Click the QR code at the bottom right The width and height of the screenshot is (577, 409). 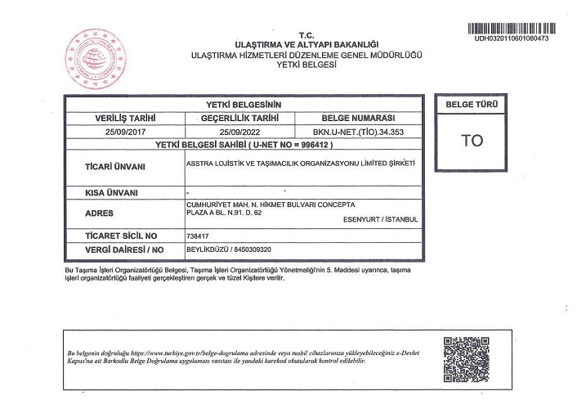pyautogui.click(x=465, y=353)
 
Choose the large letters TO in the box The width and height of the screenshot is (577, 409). pyautogui.click(x=472, y=140)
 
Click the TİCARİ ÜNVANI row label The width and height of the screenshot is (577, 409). pyautogui.click(x=115, y=165)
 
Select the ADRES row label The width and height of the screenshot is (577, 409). pyautogui.click(x=99, y=212)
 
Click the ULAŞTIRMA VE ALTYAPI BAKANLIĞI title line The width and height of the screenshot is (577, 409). pyautogui.click(x=306, y=43)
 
